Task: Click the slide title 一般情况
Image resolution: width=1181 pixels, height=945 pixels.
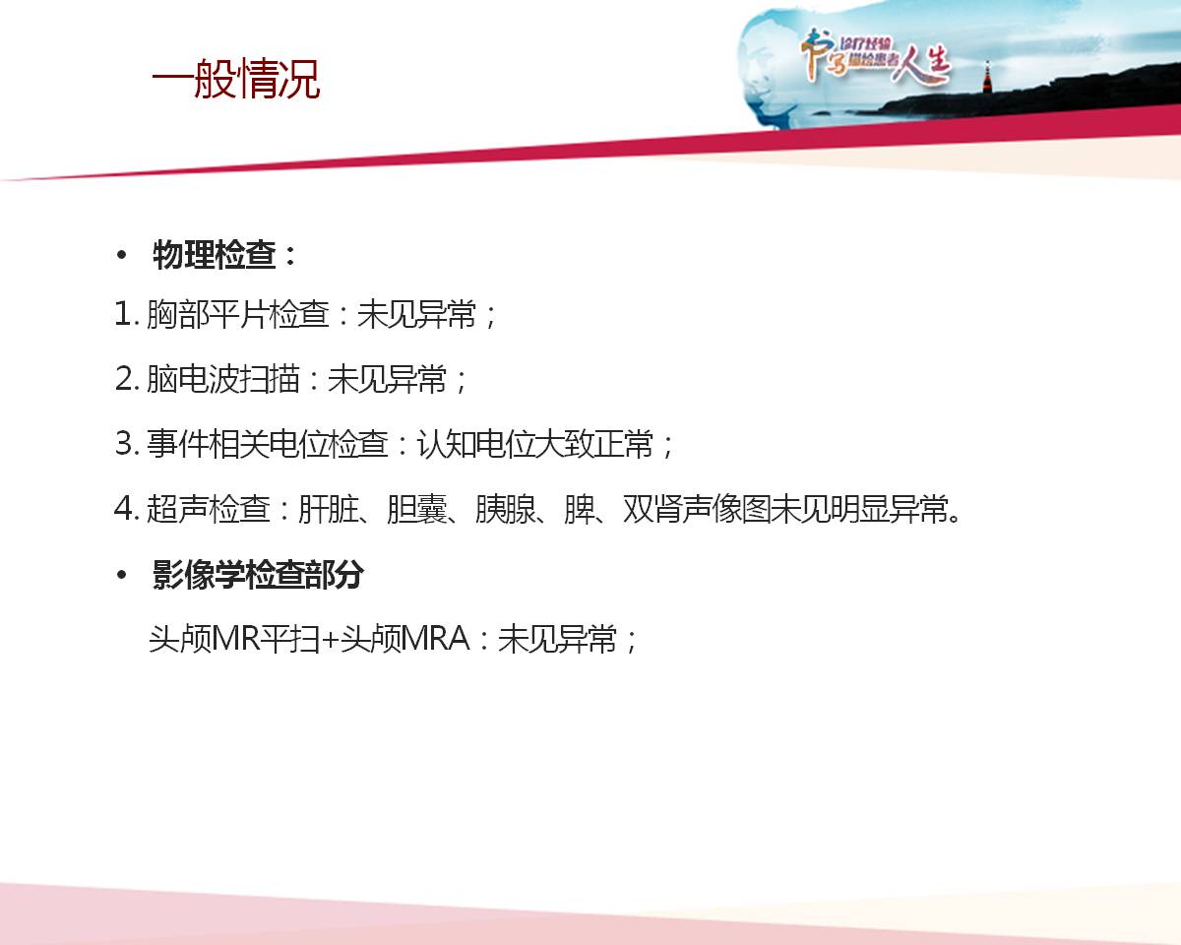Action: point(236,79)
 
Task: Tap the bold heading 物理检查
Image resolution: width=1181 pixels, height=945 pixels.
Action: point(214,255)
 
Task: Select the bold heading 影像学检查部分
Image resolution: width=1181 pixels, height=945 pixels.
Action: point(258,575)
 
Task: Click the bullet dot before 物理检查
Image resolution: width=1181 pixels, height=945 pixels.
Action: point(121,255)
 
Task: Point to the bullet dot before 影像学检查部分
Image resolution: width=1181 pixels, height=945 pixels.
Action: point(121,575)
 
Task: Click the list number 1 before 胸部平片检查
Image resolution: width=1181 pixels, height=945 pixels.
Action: point(123,315)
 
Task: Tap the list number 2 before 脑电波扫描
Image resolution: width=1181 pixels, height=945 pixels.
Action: point(123,379)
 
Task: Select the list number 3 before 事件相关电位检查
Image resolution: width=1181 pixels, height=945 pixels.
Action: point(123,443)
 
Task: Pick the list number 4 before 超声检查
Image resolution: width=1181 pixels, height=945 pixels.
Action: point(123,508)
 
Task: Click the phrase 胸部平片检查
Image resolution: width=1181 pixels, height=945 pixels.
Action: point(238,315)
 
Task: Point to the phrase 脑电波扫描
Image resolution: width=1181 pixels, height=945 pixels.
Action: point(223,379)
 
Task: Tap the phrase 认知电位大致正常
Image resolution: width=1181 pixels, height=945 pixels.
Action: point(535,443)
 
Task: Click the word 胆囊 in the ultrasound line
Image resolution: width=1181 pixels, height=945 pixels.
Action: point(417,508)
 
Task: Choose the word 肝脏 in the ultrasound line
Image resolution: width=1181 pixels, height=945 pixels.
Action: point(329,508)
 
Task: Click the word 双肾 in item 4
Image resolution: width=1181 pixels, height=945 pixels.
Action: point(653,508)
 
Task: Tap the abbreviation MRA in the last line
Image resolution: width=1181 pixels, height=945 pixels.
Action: point(435,638)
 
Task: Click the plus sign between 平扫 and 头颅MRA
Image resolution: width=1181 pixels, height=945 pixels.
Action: point(330,640)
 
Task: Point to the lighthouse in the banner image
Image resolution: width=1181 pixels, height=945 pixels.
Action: point(987,77)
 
